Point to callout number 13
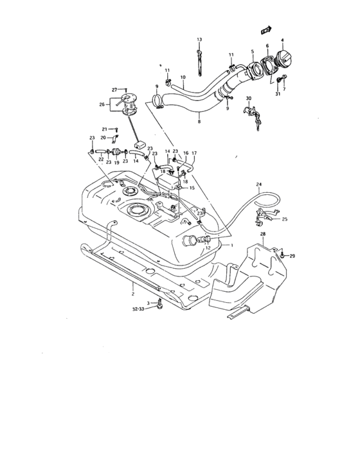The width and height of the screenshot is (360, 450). [199, 40]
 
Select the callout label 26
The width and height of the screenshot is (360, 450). [102, 104]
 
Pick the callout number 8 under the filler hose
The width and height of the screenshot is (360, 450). [199, 121]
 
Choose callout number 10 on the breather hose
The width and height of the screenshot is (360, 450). [183, 78]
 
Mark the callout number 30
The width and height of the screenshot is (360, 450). [248, 98]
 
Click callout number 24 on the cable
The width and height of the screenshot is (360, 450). [259, 185]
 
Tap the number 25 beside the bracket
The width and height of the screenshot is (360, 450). [285, 219]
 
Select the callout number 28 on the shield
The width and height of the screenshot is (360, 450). [262, 235]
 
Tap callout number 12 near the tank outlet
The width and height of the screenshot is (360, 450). [208, 248]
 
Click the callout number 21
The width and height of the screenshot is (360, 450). [104, 129]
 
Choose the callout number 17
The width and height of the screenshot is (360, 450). [194, 153]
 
